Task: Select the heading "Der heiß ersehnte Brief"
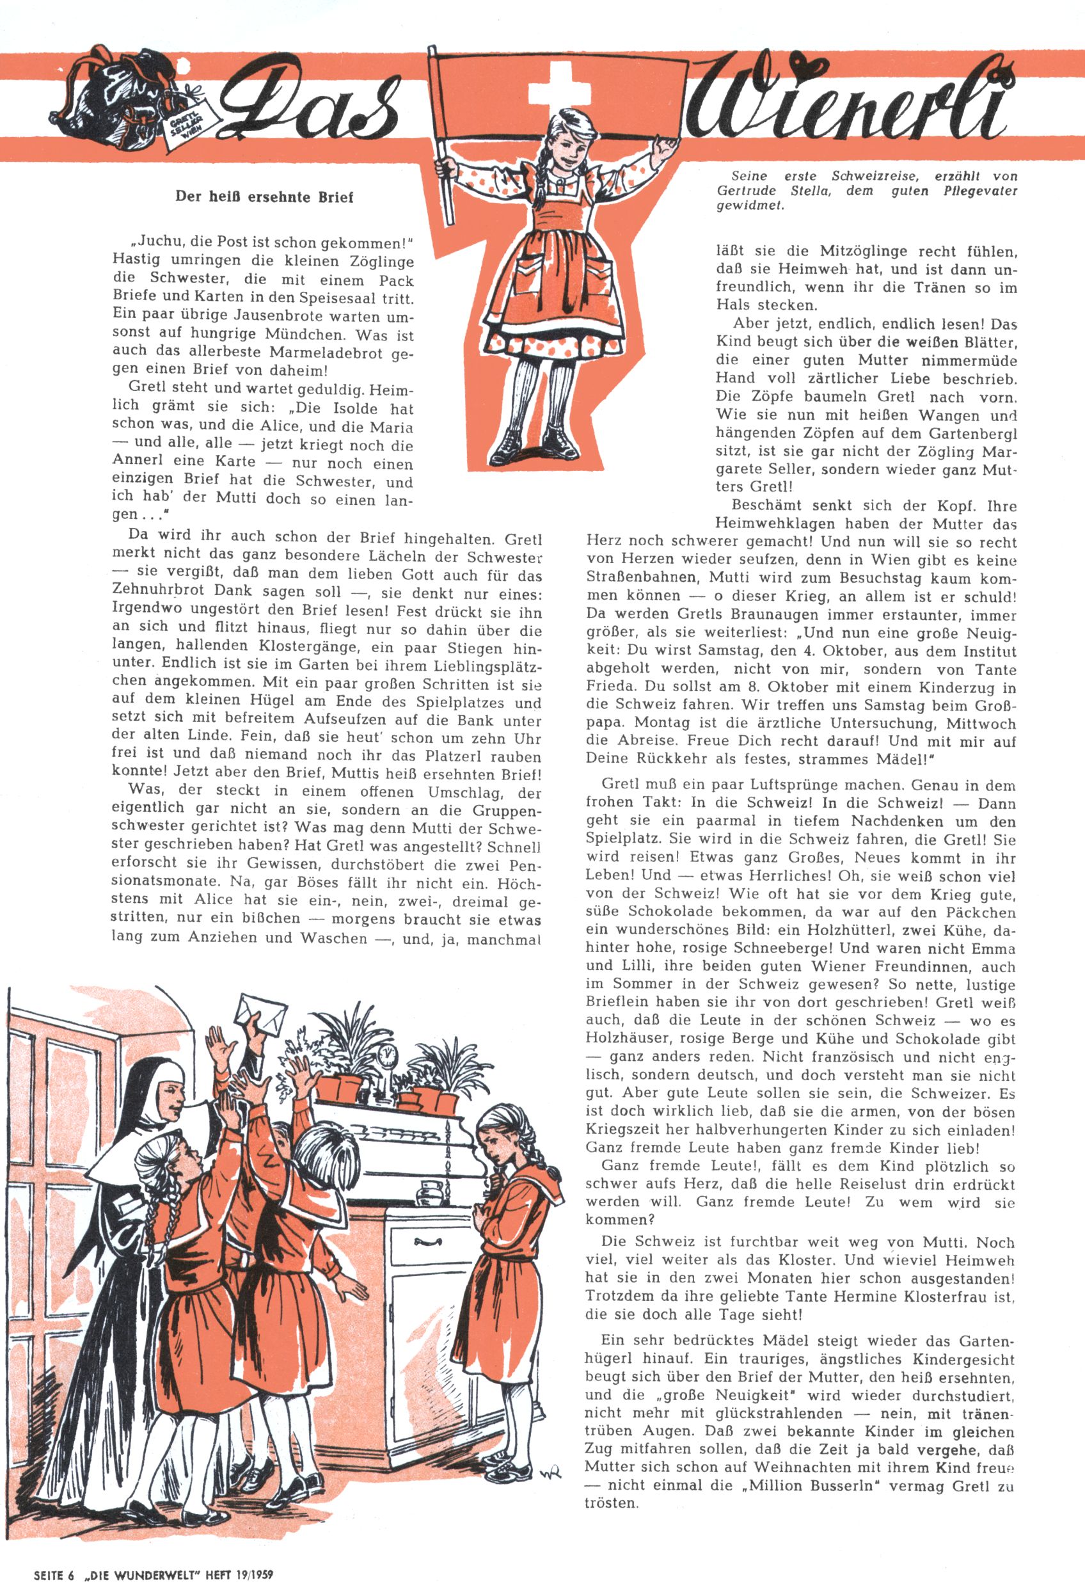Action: [265, 198]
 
